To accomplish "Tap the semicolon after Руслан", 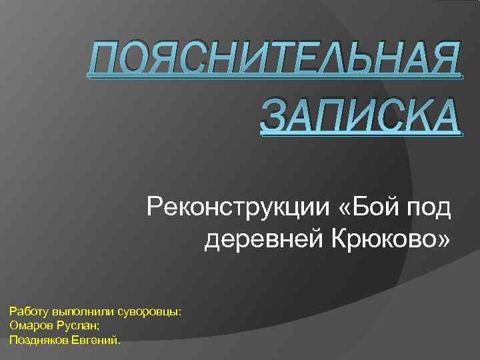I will coord(99,326).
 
